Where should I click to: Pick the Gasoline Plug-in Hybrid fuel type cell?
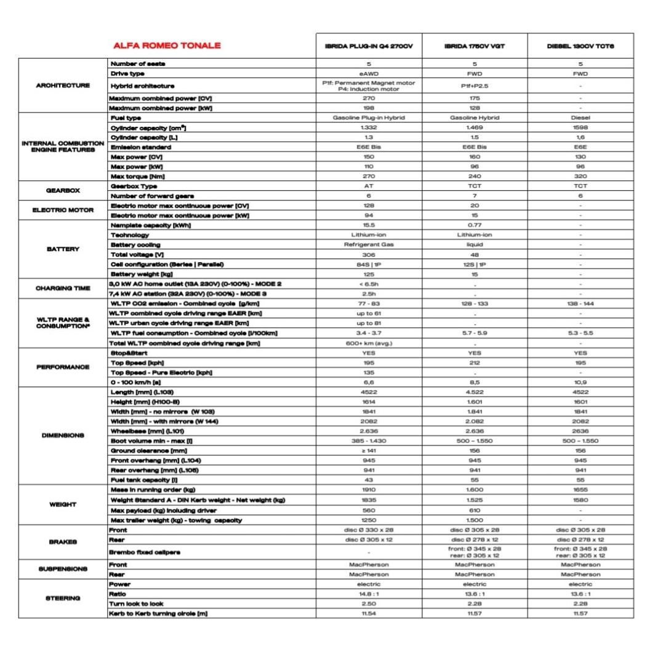369,117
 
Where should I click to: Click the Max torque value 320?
580,177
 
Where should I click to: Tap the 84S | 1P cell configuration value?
369,265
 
